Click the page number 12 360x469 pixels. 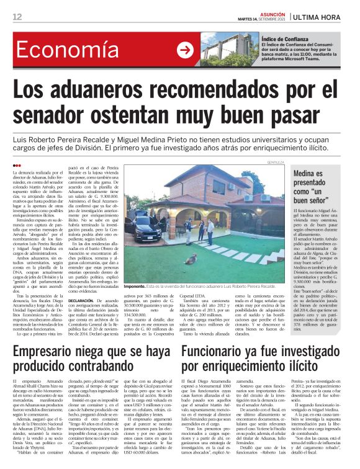17,16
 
